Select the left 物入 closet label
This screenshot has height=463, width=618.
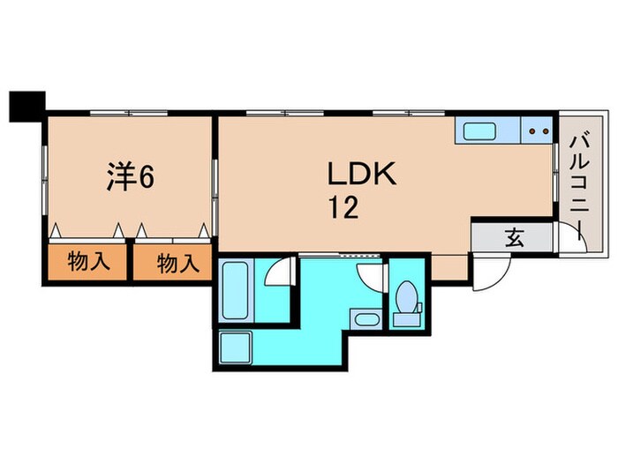88,262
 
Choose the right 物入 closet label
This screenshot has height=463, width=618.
173,262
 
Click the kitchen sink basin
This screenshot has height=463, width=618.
479,132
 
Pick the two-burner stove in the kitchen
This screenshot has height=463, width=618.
538,132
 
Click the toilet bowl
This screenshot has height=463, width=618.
408,298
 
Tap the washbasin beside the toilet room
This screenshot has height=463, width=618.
364,318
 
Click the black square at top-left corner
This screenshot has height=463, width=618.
26,106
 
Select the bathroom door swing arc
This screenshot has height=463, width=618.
279,273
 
